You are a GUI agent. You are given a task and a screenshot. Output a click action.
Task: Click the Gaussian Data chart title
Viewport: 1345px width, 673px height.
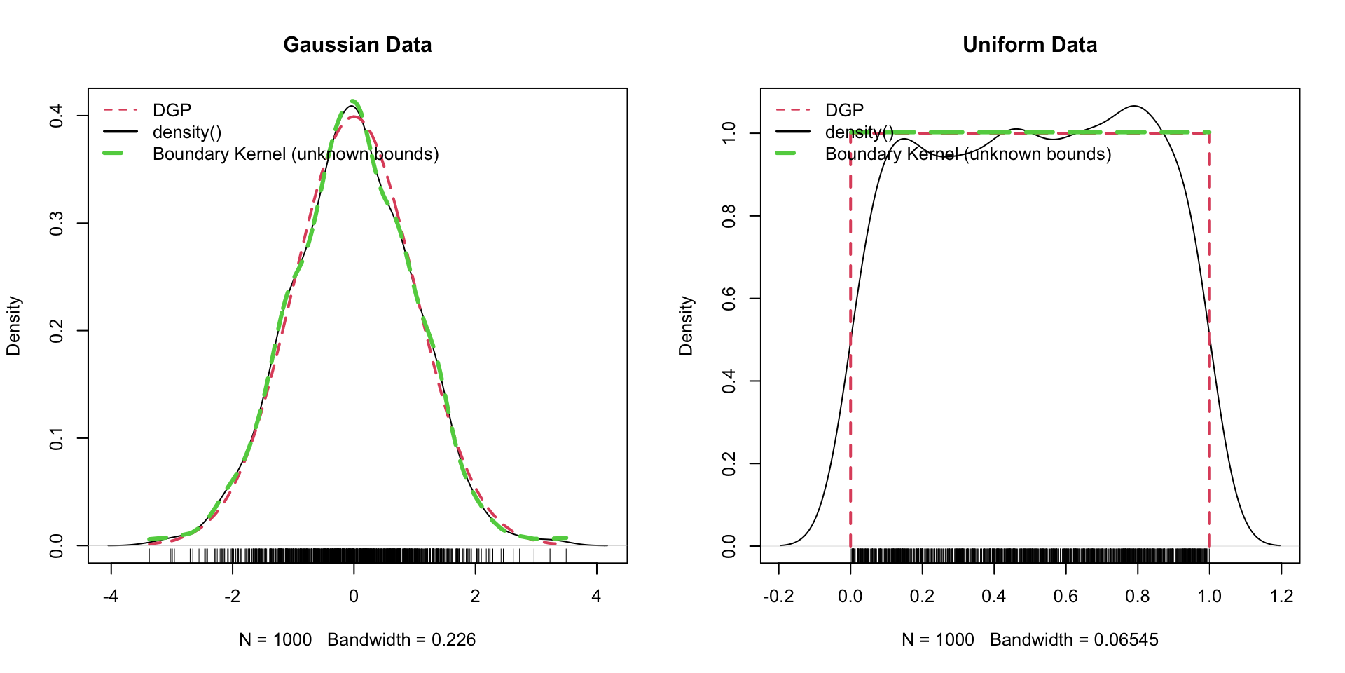[357, 45]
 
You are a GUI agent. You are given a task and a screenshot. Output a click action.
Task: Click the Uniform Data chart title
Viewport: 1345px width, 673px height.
[1030, 45]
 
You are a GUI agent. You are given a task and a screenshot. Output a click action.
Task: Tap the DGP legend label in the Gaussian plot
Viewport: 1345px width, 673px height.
[172, 110]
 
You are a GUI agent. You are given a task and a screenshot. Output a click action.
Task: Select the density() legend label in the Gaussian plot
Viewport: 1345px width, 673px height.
[187, 132]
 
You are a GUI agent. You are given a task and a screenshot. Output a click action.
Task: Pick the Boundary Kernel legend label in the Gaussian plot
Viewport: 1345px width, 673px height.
[296, 154]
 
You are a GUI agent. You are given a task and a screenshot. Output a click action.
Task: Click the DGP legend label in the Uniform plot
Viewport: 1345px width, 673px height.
[844, 110]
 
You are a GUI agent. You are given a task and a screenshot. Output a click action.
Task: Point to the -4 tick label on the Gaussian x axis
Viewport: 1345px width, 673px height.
[111, 597]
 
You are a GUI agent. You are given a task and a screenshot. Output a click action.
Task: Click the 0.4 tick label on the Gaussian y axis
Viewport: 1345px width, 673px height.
[57, 116]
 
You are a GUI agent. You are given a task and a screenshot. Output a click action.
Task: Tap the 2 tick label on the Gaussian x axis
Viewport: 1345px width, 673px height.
[475, 597]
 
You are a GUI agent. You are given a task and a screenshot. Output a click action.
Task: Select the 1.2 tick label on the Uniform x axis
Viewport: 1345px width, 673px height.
[1281, 597]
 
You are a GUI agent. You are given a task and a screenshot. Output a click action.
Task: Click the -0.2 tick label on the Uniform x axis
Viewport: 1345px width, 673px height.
[778, 597]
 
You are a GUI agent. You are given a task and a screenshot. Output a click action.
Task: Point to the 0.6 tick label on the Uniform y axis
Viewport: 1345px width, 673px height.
[729, 299]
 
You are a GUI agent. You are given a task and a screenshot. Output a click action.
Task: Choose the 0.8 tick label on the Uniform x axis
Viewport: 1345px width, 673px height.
[1138, 597]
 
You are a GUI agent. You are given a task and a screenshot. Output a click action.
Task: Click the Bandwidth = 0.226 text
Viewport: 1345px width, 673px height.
[401, 640]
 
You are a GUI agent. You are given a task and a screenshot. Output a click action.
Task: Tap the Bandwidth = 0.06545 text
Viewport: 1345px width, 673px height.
[1074, 640]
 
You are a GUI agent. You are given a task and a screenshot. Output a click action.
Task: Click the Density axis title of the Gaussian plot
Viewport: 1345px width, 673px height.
[14, 326]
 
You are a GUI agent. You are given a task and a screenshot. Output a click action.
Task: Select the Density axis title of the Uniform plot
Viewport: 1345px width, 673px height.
[687, 326]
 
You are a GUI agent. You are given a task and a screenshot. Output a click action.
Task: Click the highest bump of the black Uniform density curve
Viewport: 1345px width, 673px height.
[1134, 107]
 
